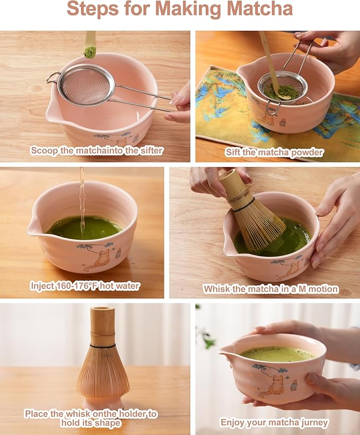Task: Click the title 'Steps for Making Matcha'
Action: click(180, 10)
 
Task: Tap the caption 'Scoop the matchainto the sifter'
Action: click(96, 150)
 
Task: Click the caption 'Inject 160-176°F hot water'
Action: click(85, 286)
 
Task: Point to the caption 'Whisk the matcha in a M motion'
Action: click(270, 289)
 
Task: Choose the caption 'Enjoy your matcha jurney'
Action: click(274, 422)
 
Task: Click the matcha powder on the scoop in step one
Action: click(90, 52)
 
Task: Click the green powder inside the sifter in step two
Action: click(282, 92)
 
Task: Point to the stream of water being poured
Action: click(82, 202)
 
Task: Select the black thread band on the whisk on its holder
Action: click(102, 346)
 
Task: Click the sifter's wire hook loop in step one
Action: click(52, 78)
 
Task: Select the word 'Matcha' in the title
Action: click(261, 10)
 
